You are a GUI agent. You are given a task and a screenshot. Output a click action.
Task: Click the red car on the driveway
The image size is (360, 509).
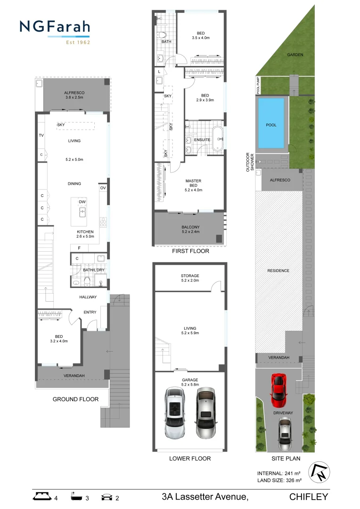278,390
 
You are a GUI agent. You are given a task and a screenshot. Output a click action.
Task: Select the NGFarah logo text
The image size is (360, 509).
55,27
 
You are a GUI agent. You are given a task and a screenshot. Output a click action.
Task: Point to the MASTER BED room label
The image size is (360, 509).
193,185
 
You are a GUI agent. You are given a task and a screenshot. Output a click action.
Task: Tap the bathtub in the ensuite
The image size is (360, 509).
217,140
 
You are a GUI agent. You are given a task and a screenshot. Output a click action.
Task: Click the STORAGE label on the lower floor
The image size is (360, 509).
190,276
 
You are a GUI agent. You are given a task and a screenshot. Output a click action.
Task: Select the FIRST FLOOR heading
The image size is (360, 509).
190,251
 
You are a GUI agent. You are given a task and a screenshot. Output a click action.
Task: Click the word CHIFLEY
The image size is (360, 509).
309,496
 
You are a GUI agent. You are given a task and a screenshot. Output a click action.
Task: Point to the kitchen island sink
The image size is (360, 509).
82,212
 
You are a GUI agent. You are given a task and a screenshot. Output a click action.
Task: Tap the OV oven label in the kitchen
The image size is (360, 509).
103,188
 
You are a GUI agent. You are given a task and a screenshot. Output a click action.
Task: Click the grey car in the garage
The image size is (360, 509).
205,413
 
